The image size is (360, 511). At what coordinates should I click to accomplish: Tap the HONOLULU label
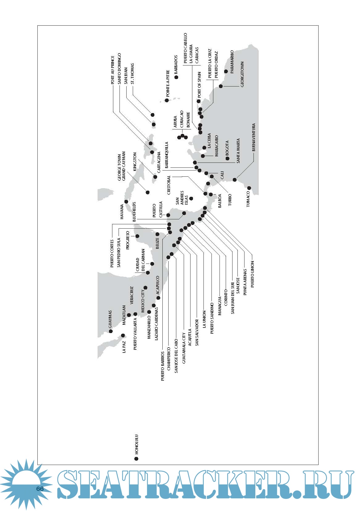(x=136, y=444)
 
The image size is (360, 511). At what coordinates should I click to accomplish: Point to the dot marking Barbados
(x=176, y=77)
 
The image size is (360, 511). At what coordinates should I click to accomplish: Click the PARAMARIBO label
(x=232, y=61)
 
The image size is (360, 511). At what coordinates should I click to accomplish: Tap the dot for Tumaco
(x=249, y=188)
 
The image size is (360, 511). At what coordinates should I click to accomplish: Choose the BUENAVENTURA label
(x=253, y=137)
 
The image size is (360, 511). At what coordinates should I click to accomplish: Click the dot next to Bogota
(x=227, y=158)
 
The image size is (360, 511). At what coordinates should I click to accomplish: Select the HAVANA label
(x=122, y=212)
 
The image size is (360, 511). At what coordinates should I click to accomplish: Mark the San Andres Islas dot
(x=191, y=198)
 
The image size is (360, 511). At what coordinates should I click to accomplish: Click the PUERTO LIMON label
(x=252, y=274)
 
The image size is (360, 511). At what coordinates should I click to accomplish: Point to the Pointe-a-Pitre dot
(x=167, y=100)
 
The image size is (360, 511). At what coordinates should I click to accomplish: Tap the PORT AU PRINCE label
(x=112, y=70)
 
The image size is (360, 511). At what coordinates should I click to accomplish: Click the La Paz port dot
(x=123, y=335)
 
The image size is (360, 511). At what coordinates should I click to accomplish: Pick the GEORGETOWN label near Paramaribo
(x=242, y=74)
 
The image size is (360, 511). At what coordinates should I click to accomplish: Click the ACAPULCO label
(x=157, y=285)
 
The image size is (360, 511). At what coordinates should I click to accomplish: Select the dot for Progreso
(x=137, y=236)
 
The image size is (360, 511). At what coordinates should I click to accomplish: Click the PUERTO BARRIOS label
(x=163, y=366)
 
